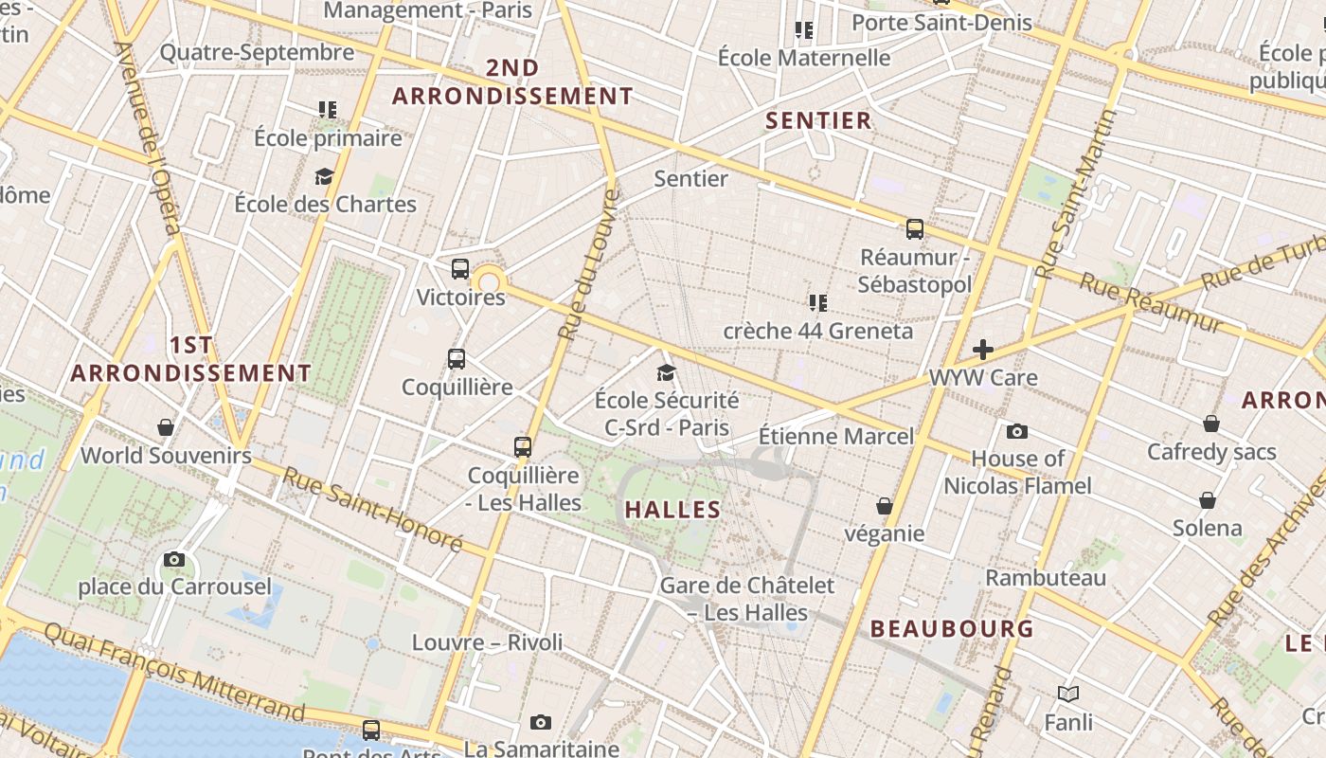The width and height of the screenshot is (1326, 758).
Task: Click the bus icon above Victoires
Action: [460, 269]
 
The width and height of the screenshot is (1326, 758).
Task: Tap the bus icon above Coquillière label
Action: [457, 359]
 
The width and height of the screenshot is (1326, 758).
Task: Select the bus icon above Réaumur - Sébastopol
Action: [914, 229]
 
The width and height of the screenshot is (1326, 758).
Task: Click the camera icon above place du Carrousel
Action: [174, 560]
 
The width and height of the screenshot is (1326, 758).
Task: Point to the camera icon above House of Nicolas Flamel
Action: [1017, 432]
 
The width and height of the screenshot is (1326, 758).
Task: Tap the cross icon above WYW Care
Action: [983, 350]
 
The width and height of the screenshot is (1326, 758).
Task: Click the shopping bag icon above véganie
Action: [884, 507]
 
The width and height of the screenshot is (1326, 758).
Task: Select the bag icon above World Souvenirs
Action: [166, 428]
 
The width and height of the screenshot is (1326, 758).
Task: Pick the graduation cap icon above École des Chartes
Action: [325, 177]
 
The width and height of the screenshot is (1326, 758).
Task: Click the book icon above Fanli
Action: [1068, 695]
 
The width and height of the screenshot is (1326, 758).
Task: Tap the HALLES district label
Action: [673, 510]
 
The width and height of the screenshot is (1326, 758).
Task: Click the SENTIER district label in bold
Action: [818, 120]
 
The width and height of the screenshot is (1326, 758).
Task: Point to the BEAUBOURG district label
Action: [952, 629]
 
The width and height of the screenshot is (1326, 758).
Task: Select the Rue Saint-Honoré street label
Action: [372, 510]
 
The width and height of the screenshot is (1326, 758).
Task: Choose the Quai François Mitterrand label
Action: [174, 672]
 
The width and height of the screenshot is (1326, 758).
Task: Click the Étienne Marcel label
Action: [836, 437]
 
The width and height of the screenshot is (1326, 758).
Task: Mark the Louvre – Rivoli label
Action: [487, 642]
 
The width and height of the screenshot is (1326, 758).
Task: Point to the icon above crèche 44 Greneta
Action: [818, 303]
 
